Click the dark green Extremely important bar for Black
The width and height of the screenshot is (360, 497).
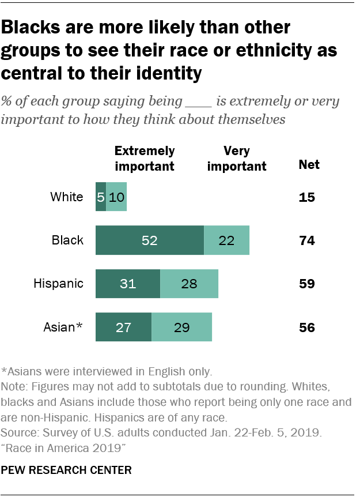149,240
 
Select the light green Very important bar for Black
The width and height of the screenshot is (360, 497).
226,240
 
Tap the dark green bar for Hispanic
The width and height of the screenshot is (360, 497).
127,284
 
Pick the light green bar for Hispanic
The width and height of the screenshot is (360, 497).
189,284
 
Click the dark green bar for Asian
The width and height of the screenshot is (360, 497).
123,327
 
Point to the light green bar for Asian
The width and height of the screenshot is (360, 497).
181,327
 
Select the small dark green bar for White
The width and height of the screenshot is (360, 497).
101,197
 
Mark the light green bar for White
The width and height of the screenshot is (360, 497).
116,197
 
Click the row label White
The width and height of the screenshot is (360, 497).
67,197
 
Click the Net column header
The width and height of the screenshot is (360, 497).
309,165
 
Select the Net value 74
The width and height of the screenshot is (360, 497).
307,240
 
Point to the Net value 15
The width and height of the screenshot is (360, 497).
307,197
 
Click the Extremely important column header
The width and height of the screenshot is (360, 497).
145,159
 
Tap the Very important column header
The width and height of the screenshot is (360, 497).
237,159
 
